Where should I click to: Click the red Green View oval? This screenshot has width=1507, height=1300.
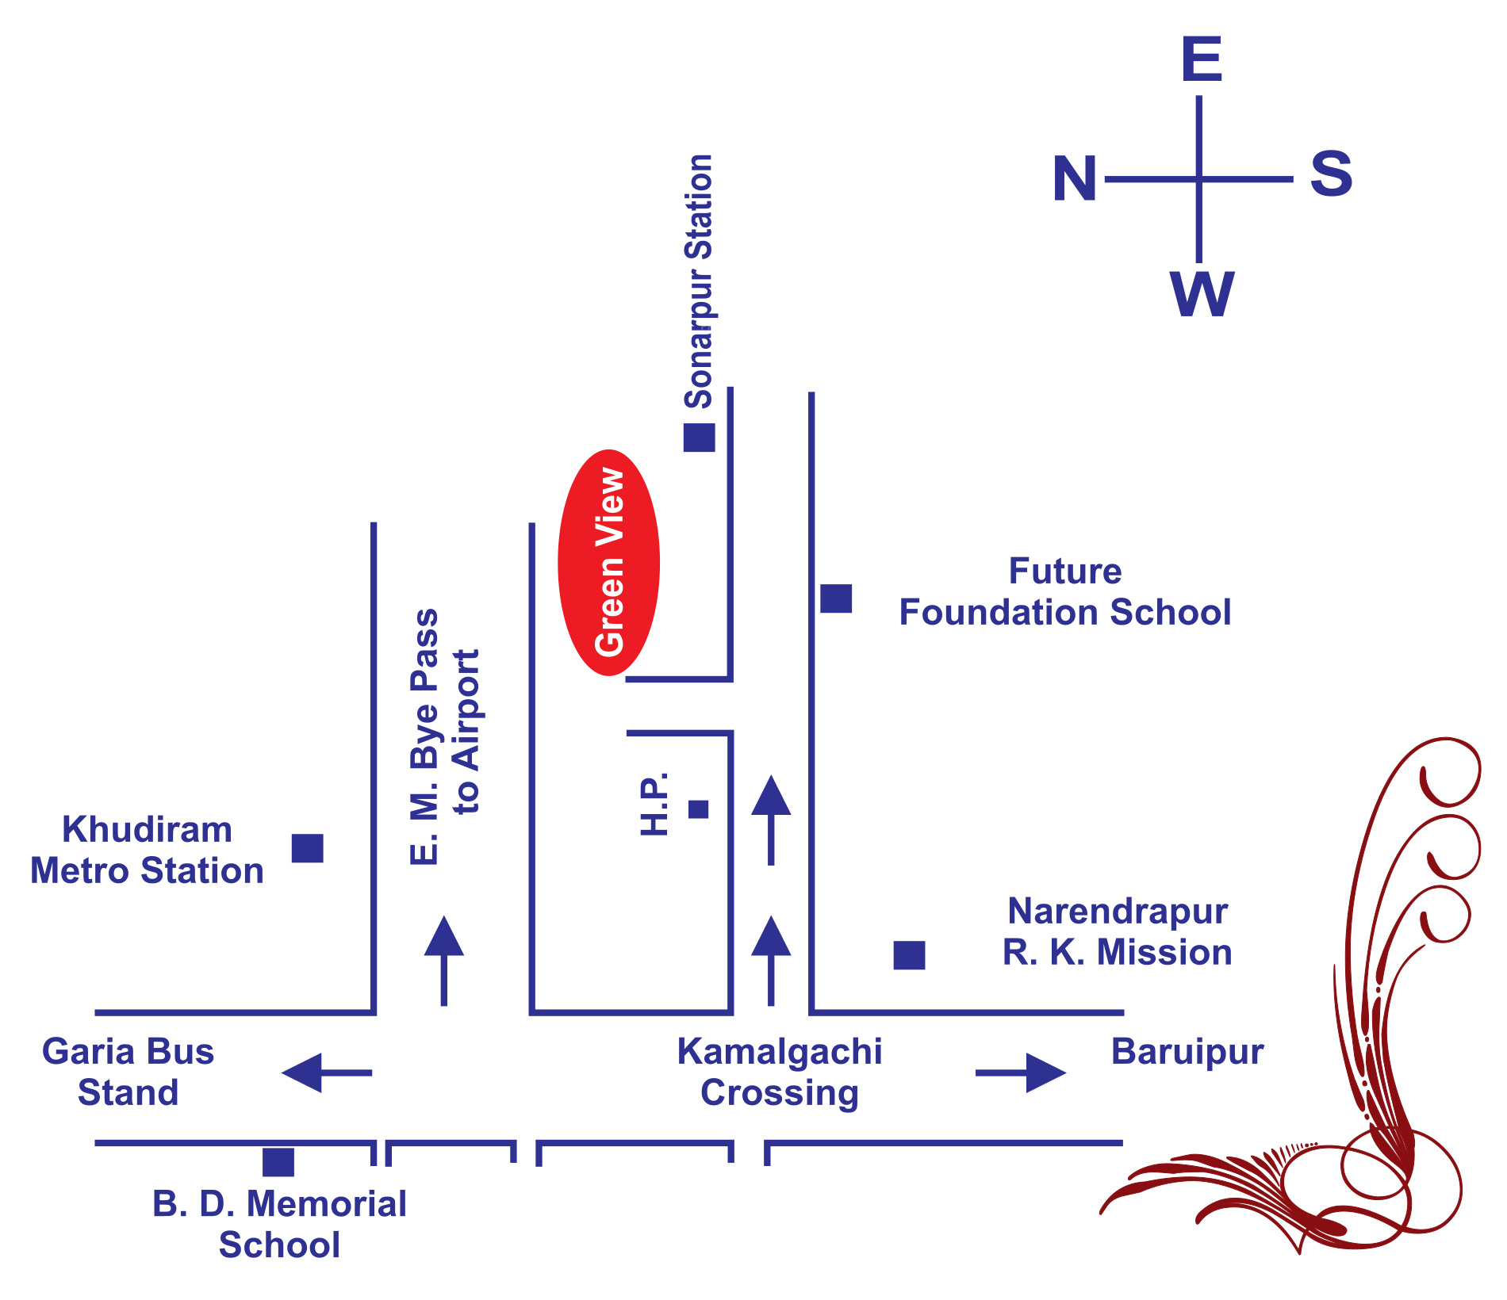[608, 563]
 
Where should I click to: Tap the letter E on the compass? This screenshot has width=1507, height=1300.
[1202, 59]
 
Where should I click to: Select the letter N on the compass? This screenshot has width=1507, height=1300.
[1075, 178]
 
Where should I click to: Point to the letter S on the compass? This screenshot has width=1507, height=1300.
[1331, 174]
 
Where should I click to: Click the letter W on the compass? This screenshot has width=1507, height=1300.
[1202, 294]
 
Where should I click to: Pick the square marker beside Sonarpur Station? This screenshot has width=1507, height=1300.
[699, 438]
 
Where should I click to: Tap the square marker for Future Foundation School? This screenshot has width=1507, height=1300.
[836, 598]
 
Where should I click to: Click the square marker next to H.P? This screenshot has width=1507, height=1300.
[698, 809]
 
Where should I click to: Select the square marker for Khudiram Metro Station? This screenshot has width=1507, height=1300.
[308, 848]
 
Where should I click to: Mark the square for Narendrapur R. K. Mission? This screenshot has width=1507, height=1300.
[909, 955]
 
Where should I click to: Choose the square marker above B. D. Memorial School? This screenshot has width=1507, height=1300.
[278, 1162]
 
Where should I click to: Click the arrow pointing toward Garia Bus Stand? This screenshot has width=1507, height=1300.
[327, 1072]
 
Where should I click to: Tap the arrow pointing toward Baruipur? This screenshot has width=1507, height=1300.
[1021, 1072]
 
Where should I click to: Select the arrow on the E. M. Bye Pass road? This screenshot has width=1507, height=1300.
[443, 961]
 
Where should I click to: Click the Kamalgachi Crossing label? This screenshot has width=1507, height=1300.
[780, 1072]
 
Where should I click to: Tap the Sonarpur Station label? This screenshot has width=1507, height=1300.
[700, 281]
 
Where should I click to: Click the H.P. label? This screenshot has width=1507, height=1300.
[655, 804]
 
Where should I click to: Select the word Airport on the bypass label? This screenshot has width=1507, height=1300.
[467, 710]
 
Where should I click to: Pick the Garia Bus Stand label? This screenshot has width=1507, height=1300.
[128, 1072]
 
